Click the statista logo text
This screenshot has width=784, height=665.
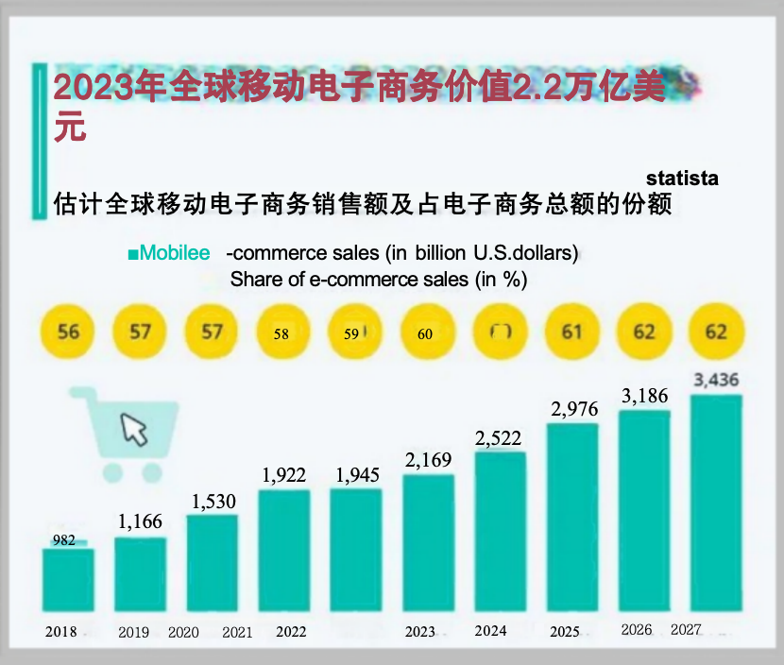coord(682,178)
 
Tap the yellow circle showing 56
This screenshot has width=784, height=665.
coord(69,332)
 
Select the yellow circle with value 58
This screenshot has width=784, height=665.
coord(281,332)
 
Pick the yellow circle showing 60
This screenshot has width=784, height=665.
coord(425,332)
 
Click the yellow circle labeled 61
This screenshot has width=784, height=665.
coord(571,332)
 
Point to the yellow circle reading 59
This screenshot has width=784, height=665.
coord(353,332)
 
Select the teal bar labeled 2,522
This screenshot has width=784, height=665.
coord(500,531)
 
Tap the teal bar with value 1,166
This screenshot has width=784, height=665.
coord(140,574)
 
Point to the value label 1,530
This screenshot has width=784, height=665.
coord(213,501)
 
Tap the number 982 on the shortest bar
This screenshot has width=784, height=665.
coord(64,540)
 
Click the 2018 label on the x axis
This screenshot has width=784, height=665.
coord(61,632)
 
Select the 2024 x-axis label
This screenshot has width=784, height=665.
coord(490,630)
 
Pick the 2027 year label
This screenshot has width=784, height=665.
coord(686,630)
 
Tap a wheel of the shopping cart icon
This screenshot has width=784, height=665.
coord(112,471)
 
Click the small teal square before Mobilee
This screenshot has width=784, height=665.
coord(133,254)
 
